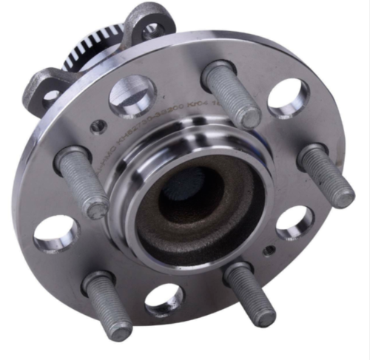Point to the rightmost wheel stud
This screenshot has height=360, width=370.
pos(327,176)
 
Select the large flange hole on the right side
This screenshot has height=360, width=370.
pos(295,221)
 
